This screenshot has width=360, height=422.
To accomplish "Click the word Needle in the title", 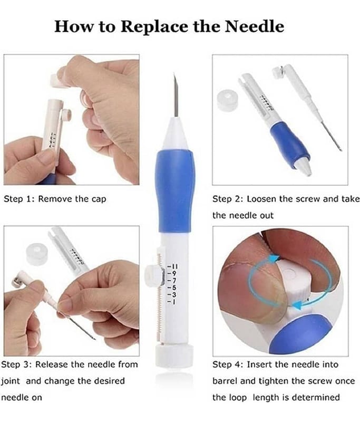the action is [x=254, y=26].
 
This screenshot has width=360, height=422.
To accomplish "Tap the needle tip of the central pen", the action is [x=174, y=73].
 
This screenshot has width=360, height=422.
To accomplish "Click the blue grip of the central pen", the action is [x=174, y=191].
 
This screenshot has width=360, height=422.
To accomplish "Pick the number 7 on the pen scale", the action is [x=172, y=281].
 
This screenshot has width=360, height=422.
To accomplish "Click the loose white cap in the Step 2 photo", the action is [x=228, y=100].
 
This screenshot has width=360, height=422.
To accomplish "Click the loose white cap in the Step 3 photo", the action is [x=37, y=253].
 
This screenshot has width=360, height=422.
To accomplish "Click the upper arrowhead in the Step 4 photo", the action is [x=274, y=259].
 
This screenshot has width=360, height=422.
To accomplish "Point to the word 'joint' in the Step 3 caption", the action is [x=11, y=381].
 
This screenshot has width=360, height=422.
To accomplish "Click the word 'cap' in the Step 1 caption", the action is [x=100, y=200].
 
